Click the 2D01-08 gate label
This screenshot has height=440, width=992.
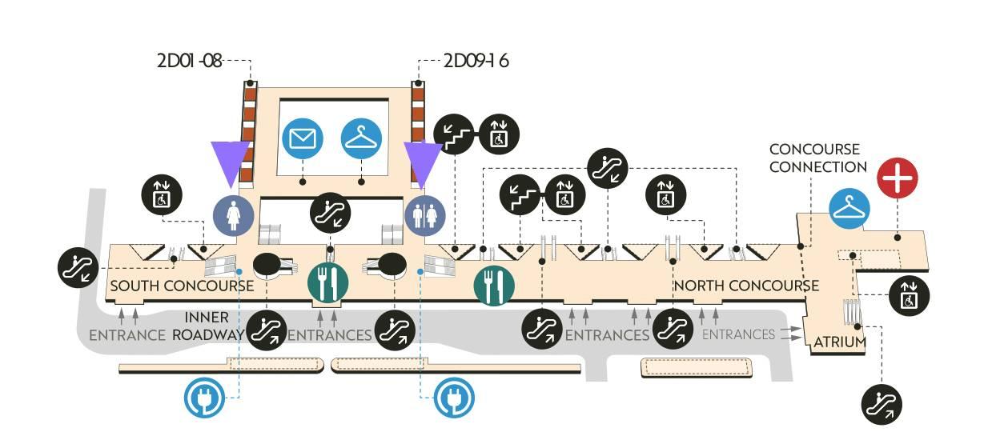coord(189,60)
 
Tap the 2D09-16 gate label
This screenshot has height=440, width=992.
coord(476,60)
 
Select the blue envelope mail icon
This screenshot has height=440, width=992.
coord(303,138)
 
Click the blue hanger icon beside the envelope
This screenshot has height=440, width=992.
coord(361,138)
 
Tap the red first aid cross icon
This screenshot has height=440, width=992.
coord(897,178)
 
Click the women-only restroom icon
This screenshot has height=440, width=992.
coord(233,215)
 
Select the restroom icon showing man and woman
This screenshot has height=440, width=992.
coord(424,215)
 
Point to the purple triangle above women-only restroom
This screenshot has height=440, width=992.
coord(231,163)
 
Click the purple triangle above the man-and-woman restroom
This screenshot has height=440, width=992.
coord(423,163)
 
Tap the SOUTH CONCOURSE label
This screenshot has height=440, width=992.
coord(182,286)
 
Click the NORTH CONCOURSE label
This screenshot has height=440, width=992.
coord(746,286)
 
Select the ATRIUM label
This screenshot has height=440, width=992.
coord(840,342)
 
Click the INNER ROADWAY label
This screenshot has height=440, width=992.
coord(207,326)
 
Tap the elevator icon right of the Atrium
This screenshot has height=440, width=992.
coord(910,294)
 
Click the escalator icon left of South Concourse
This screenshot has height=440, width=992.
coord(80,267)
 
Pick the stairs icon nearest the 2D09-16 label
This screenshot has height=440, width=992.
coord(454,134)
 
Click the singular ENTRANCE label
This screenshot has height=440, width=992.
coord(127,334)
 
